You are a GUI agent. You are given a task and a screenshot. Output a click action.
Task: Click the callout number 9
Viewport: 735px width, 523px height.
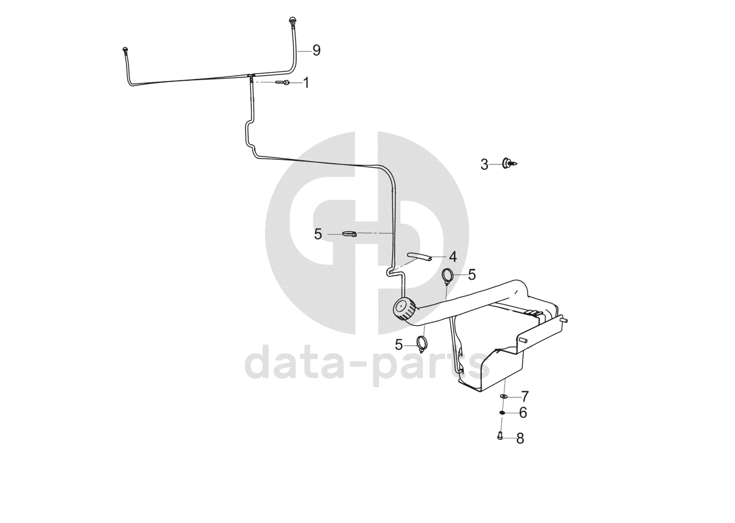(316, 50)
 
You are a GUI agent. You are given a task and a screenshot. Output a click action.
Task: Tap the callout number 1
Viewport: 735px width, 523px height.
(306, 83)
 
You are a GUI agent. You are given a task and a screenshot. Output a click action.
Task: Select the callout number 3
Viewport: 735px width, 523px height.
(484, 164)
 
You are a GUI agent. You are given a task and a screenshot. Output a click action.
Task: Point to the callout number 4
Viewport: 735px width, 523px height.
(452, 257)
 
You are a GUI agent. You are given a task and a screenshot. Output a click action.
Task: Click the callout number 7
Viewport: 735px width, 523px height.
(525, 397)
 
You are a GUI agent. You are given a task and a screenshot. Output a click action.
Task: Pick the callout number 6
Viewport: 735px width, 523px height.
(523, 413)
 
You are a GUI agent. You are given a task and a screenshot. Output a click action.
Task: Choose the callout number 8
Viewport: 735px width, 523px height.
(520, 438)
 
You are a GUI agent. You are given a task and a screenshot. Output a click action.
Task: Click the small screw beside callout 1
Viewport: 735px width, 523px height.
(283, 83)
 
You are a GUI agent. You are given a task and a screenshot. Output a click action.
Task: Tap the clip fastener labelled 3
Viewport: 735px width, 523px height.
(509, 164)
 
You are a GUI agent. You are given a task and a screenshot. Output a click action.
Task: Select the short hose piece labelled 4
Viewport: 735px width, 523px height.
(419, 257)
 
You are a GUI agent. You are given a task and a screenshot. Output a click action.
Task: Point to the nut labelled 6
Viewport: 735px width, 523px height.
(503, 413)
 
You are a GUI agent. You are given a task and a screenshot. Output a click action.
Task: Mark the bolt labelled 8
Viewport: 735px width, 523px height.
(500, 437)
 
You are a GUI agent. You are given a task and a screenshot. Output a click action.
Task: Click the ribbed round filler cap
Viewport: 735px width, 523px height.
(404, 309)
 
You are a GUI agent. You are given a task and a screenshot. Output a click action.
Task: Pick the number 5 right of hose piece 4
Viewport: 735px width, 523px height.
(471, 275)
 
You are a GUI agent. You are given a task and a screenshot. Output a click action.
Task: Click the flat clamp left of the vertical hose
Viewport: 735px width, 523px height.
(349, 234)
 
